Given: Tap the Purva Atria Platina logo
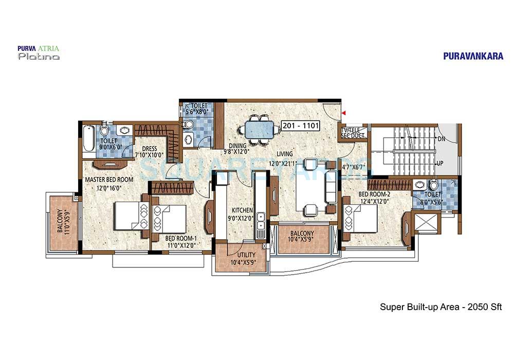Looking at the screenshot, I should [x=39, y=53].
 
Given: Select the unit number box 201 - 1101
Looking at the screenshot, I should [x=301, y=125].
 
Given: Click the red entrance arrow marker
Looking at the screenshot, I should [x=344, y=112].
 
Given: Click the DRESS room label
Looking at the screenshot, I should [x=149, y=149].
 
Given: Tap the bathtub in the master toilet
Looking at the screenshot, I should [x=89, y=139].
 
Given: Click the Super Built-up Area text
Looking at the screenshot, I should [x=440, y=307].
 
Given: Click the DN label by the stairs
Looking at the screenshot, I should [x=440, y=139].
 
